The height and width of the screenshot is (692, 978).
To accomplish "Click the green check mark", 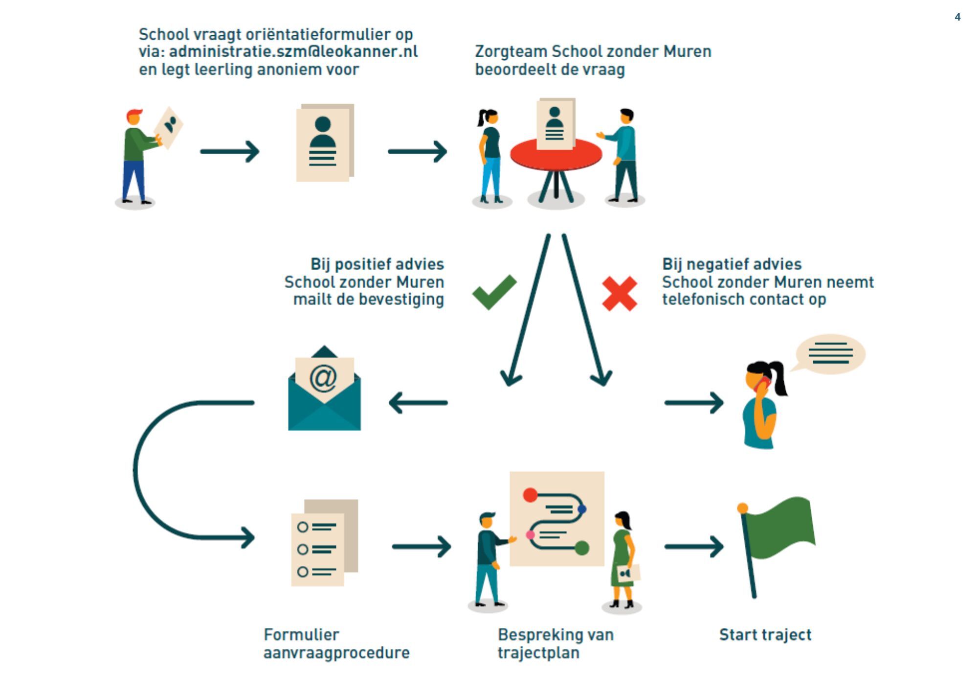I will pos(494,292).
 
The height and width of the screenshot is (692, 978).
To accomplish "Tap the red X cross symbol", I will pos(620,294).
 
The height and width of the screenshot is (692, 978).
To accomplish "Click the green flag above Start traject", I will pos(780,529).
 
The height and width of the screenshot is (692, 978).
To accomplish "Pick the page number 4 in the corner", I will pos(957,17).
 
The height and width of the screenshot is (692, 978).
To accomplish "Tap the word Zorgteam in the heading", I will pos(511,52).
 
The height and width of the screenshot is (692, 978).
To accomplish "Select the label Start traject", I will pos(765,635).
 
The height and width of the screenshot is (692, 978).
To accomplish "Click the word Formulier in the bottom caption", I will pos(301,635).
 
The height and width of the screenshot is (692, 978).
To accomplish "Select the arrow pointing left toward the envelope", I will pos(418,403).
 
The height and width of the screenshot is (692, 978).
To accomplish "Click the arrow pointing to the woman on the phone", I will pos(693,403).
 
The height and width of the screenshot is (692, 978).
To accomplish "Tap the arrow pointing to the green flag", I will pos(693,547).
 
